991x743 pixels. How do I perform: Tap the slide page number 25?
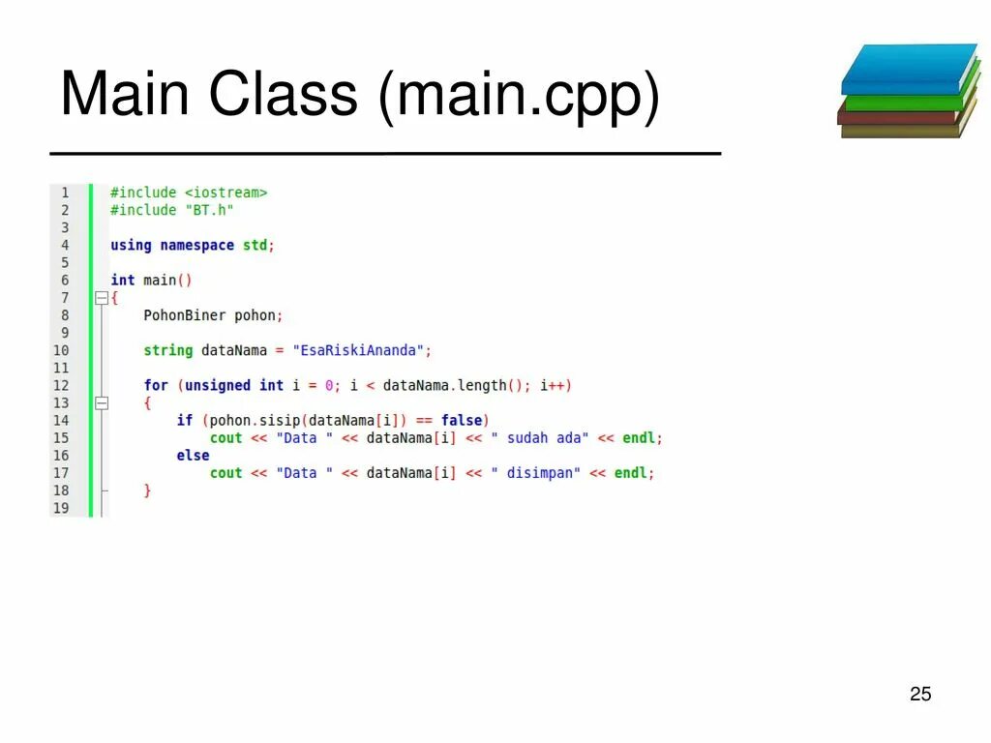[920, 694]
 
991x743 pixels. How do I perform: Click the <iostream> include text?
[225, 193]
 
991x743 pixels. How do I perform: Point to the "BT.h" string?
[209, 210]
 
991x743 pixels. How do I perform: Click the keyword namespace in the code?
[196, 245]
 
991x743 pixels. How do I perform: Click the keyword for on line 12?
[156, 385]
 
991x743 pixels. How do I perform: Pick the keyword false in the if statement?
[462, 420]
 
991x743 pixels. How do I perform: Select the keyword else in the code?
[193, 455]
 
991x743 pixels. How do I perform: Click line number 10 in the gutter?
[61, 350]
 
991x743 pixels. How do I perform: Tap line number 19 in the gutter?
[61, 508]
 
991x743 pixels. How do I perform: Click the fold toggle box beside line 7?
[101, 298]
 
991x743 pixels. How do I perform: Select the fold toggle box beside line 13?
[101, 402]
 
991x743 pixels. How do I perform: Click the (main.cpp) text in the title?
[520, 96]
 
